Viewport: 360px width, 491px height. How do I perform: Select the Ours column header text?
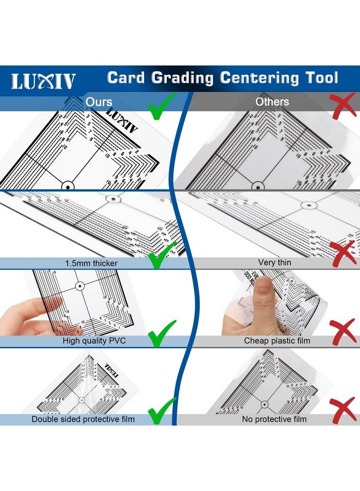pos(99,102)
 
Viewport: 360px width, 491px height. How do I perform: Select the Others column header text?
pos(272,102)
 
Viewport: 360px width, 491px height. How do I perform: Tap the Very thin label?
pos(274,262)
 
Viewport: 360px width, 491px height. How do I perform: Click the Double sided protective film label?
pos(83,419)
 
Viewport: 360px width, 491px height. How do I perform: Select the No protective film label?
pos(274,419)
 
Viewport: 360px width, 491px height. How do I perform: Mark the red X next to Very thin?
pos(343,253)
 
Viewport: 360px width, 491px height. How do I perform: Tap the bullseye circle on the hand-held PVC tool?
pos(80,285)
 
